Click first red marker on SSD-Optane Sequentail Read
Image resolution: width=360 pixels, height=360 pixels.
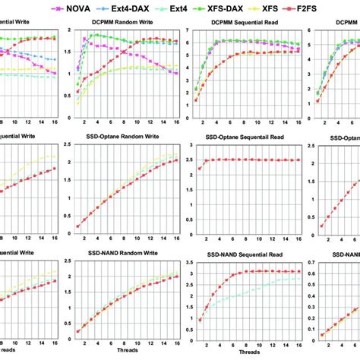point(199,169)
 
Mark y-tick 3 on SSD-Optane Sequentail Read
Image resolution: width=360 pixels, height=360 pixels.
point(188,147)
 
